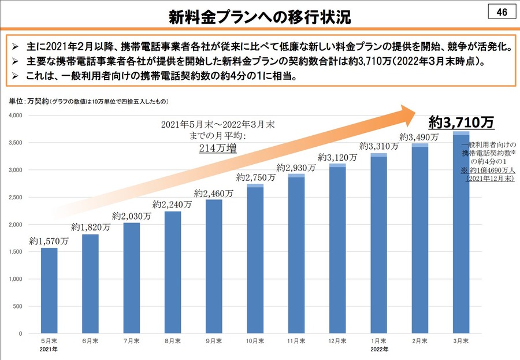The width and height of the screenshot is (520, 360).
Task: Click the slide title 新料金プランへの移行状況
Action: pos(259,16)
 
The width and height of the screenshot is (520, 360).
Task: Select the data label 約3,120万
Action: pos(337,157)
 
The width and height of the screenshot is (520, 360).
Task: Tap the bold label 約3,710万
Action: pos(461,122)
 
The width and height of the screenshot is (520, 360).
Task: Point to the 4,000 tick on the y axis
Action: pos(16,116)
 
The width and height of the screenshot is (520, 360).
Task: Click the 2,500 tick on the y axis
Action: pos(16,198)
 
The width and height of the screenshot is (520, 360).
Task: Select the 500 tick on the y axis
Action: pos(18,306)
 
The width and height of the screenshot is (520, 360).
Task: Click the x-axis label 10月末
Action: pos(255,342)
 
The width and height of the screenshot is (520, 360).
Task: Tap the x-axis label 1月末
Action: pos(378,342)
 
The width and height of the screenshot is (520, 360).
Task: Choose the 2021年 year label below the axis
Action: pos(49,350)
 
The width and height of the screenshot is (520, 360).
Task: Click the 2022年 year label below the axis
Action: pos(378,350)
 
